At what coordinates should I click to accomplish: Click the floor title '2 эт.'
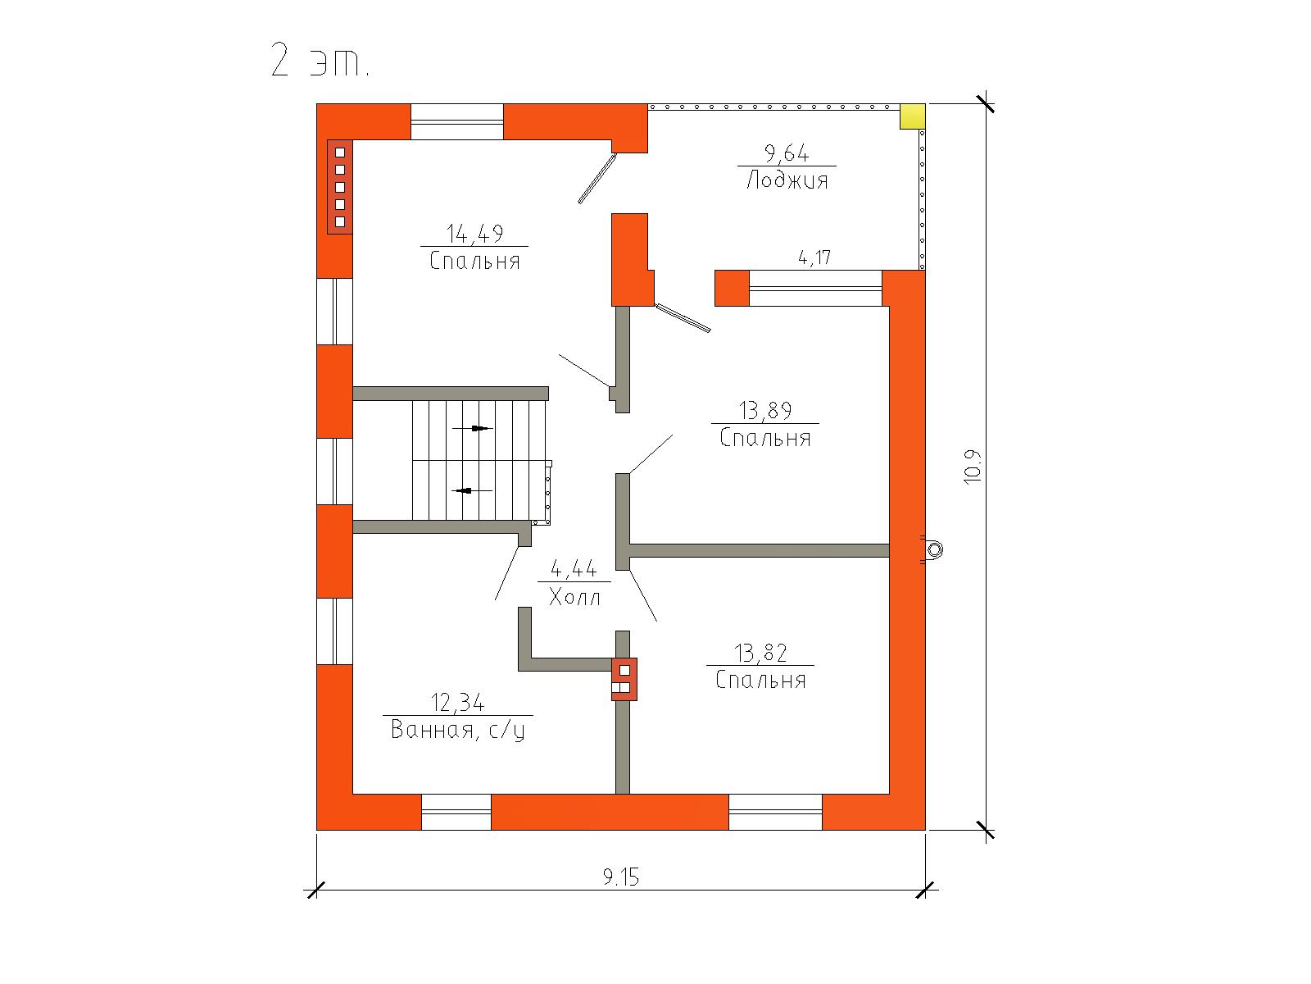320,61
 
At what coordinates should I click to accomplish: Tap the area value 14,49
474,234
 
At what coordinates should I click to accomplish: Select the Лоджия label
787,180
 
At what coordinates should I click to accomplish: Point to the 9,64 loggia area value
787,153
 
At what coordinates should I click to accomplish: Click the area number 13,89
765,411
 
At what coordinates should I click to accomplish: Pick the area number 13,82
760,653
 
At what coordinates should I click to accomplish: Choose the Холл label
574,597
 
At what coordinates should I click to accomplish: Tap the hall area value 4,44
574,569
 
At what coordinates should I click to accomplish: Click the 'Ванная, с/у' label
458,730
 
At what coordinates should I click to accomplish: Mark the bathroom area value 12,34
457,703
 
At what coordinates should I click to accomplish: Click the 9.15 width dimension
620,877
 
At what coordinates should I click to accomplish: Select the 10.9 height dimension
973,467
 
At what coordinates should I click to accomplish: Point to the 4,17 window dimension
814,257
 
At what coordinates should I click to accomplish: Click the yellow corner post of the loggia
913,116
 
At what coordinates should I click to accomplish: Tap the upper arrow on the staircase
473,428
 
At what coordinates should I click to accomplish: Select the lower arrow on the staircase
472,490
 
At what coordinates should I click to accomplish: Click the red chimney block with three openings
624,679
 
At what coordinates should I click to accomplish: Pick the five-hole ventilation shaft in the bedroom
340,187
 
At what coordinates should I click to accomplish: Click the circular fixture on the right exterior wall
933,549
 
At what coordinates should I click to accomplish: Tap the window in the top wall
457,122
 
